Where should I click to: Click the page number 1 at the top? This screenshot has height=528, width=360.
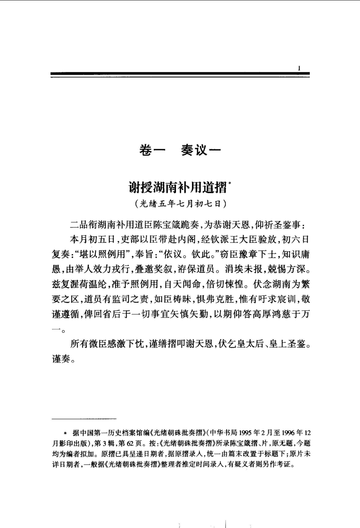(x=300, y=68)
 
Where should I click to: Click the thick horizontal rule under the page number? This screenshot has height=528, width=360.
(x=180, y=74)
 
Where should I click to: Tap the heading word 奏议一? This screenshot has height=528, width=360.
(x=201, y=150)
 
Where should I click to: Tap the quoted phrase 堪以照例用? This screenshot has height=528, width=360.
(x=100, y=254)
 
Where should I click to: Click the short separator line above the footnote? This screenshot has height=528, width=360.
(x=84, y=418)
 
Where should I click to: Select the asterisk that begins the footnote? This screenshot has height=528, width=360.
(x=66, y=433)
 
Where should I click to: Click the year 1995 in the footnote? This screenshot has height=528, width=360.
(x=244, y=433)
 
